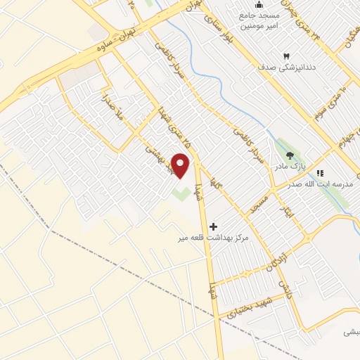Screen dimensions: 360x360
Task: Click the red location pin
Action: [x=181, y=167]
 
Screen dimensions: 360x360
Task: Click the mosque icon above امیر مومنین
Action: [x=258, y=6]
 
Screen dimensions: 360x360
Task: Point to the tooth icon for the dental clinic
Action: [x=286, y=56]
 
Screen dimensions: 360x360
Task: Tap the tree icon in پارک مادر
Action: [x=290, y=156]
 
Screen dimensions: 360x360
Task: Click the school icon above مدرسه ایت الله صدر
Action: [x=320, y=172]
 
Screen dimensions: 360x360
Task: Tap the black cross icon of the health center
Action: [x=214, y=226]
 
